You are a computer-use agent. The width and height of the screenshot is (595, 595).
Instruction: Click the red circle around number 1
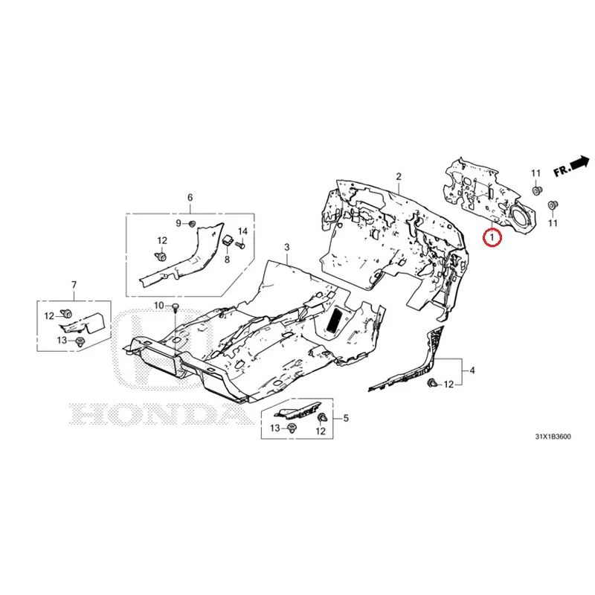(x=492, y=238)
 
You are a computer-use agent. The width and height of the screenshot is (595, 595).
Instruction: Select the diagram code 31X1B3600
(x=553, y=437)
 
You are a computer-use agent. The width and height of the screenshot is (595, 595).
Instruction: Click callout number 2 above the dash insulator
(x=399, y=176)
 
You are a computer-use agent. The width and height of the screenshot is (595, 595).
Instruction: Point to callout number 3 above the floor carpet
(x=287, y=247)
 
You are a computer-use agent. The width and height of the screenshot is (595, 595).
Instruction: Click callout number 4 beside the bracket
(x=472, y=370)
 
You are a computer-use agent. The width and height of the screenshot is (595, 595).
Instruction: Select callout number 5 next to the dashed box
(x=346, y=418)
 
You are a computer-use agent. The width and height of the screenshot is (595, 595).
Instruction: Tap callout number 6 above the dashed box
(x=190, y=197)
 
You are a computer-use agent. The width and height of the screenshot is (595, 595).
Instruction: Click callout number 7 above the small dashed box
(x=74, y=285)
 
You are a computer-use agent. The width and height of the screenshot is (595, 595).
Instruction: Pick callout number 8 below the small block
(x=227, y=260)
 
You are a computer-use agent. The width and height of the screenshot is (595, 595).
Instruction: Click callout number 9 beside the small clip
(x=178, y=223)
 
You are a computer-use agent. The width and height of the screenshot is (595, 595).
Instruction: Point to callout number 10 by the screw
(x=158, y=306)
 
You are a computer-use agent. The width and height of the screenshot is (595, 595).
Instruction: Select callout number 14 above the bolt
(x=242, y=231)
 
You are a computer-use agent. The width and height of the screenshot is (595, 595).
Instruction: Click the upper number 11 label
(x=535, y=173)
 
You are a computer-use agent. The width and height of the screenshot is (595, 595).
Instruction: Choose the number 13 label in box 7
(x=62, y=341)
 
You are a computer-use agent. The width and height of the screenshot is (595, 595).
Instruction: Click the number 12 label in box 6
(x=162, y=240)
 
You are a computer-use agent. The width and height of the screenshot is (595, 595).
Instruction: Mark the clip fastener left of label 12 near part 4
(x=431, y=382)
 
